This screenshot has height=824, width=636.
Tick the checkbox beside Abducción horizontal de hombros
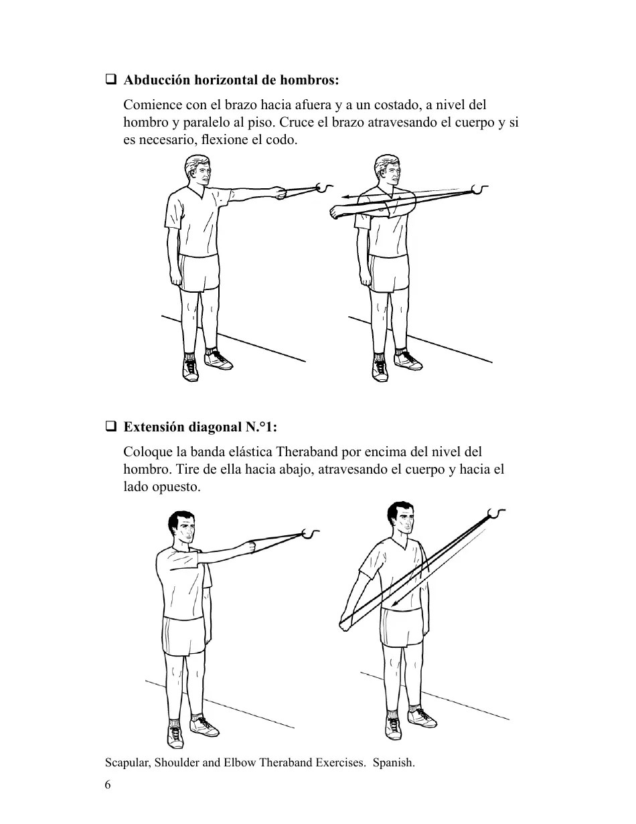coord(111,80)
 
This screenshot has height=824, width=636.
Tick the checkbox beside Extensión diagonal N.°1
coord(111,426)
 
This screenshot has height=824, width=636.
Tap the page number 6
coord(108,785)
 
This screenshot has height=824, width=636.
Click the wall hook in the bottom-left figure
coord(311,533)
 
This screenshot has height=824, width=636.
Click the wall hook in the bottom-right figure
coord(497,513)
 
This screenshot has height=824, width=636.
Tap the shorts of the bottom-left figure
coord(184,636)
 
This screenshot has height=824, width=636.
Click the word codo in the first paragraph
coord(281,141)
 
